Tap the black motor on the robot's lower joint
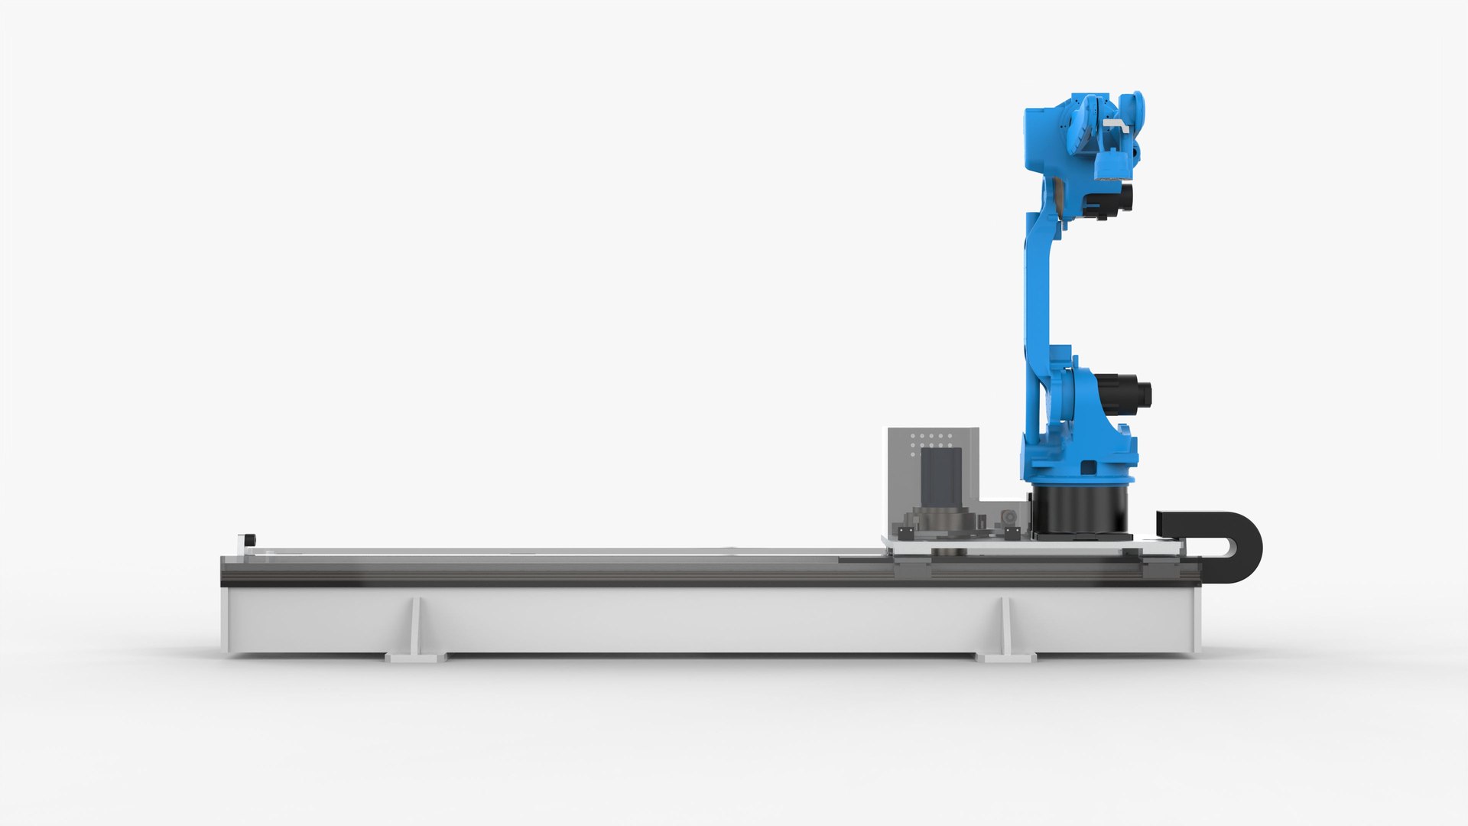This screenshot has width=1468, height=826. (x=1126, y=392)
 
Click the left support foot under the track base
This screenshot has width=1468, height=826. (x=415, y=656)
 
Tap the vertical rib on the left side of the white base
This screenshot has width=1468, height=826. (x=415, y=623)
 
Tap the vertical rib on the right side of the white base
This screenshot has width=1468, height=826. (x=1008, y=623)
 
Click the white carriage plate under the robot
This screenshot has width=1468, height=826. (x=1032, y=546)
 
